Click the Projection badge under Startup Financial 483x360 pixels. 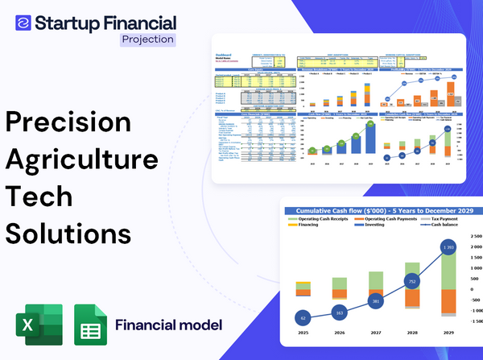pyautogui.click(x=148, y=39)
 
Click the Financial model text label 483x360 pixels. pyautogui.click(x=168, y=325)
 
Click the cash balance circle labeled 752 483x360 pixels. pyautogui.click(x=411, y=282)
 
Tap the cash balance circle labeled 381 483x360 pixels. pyautogui.click(x=375, y=302)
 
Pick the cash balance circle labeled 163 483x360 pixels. pyautogui.click(x=338, y=312)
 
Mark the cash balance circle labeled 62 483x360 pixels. pyautogui.click(x=302, y=317)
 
